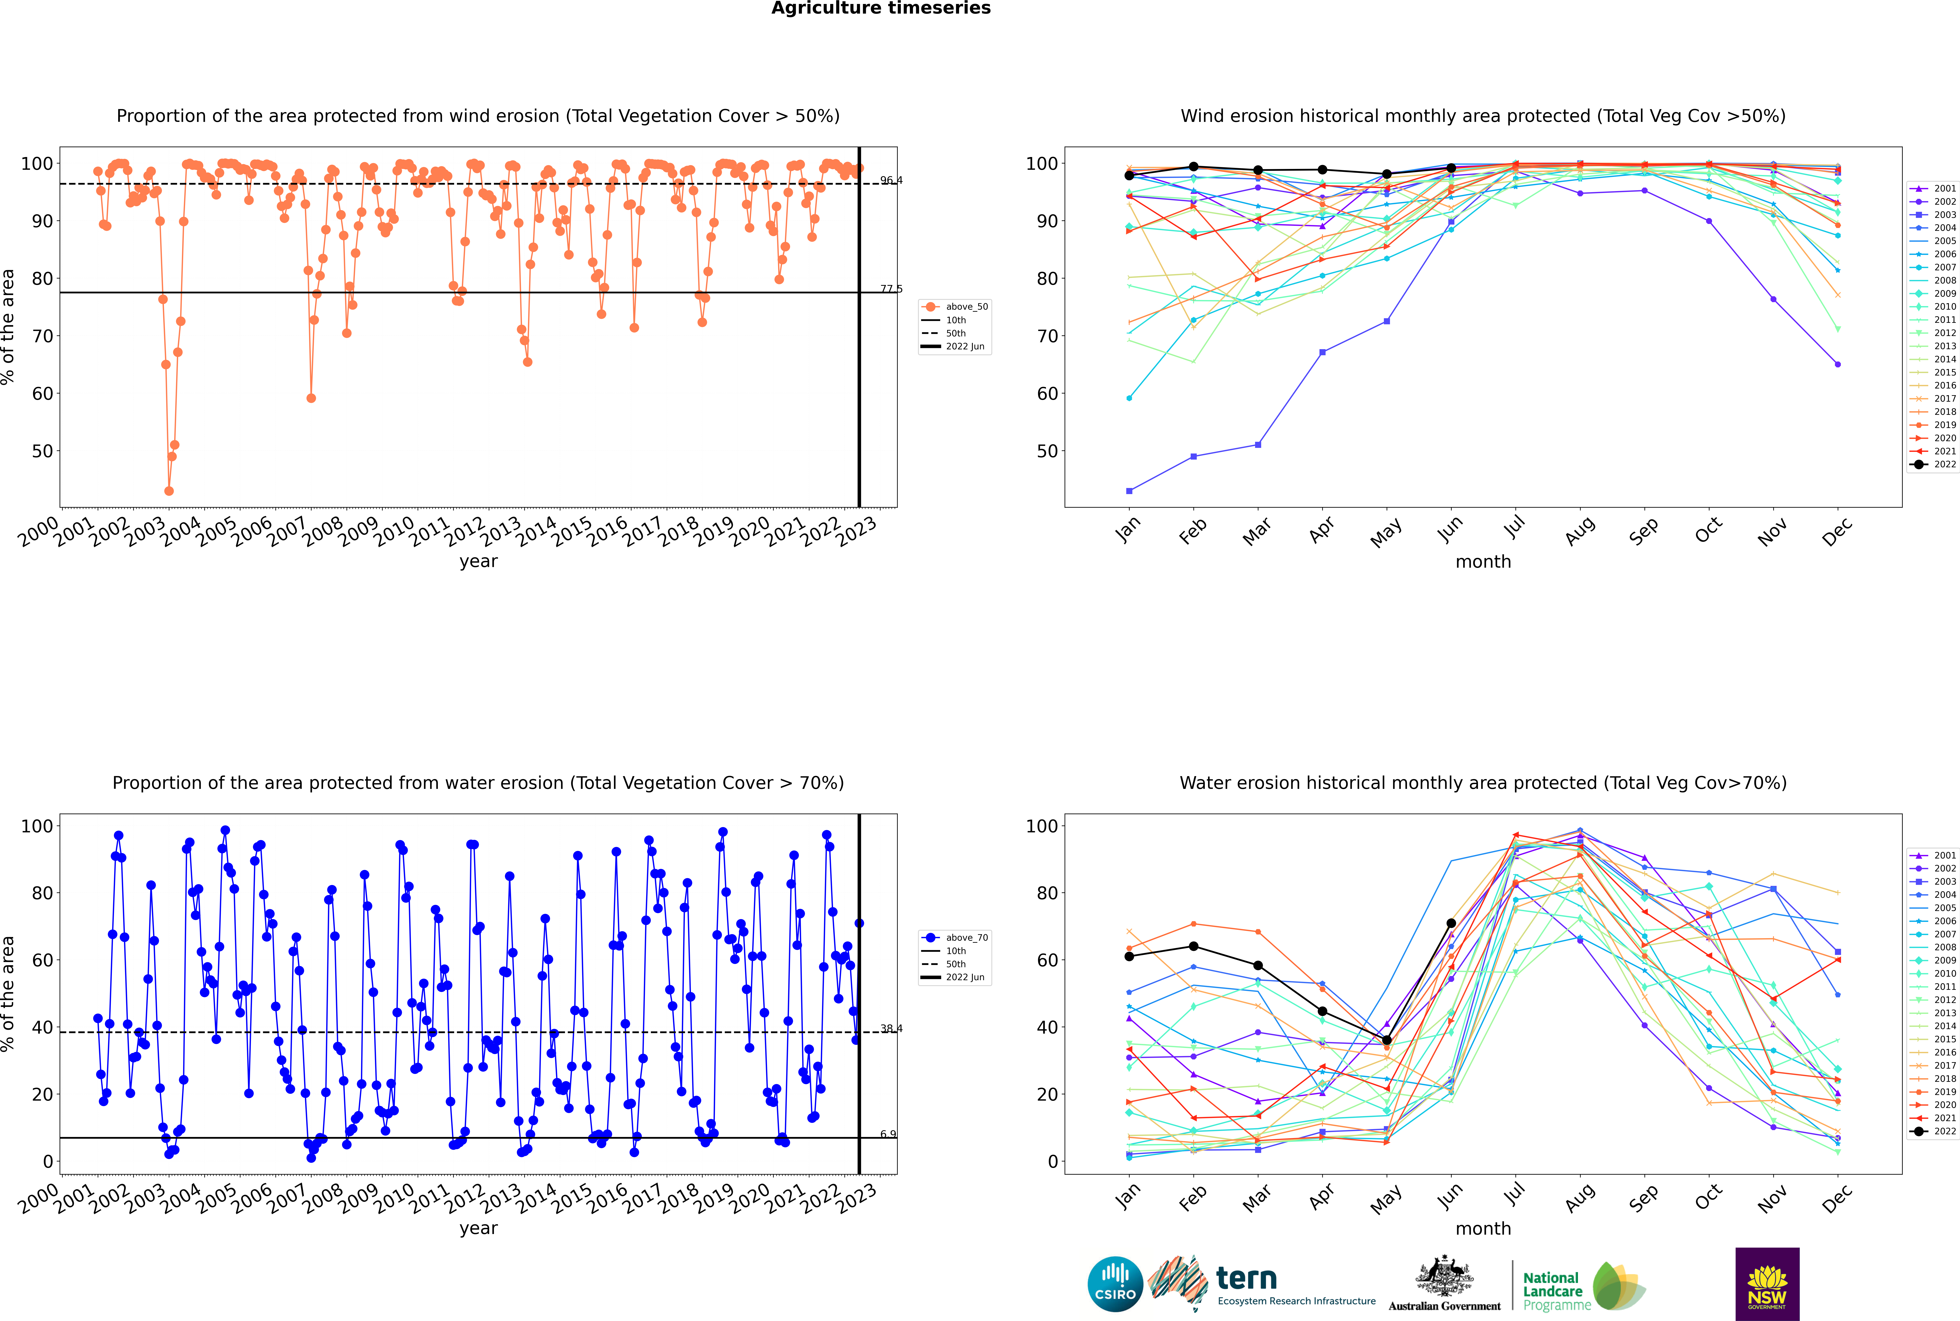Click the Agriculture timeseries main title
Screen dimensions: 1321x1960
(x=881, y=8)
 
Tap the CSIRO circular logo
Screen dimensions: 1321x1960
(x=1115, y=1284)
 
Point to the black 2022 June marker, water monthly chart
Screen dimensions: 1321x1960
(x=1451, y=923)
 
